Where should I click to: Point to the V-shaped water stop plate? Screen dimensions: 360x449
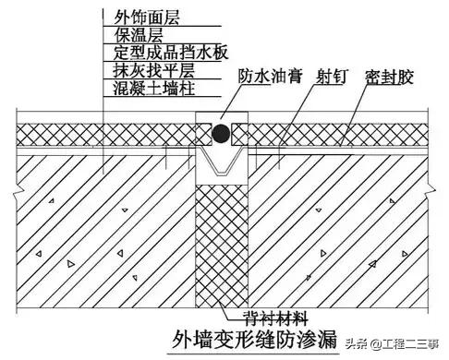click(222, 164)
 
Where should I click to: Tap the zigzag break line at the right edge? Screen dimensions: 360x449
click(431, 185)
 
